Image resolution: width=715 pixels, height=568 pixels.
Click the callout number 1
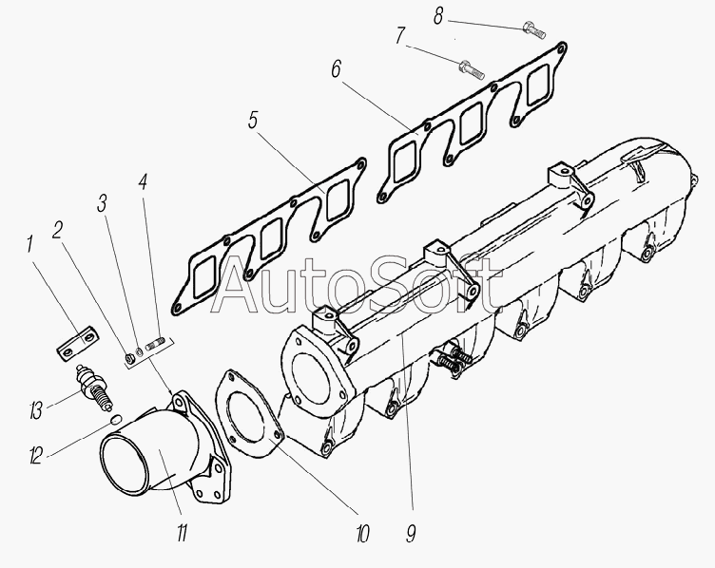click(x=29, y=244)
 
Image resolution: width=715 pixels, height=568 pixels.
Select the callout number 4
click(x=143, y=181)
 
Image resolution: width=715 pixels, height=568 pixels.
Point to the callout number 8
click(x=437, y=16)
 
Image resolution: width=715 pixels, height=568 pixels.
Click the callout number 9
click(x=411, y=533)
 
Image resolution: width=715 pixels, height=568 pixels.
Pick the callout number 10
click(x=362, y=534)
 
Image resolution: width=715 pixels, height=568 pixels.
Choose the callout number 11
click(x=182, y=533)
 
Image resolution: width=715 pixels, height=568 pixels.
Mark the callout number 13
click(x=36, y=410)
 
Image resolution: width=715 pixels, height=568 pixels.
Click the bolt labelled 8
click(x=534, y=29)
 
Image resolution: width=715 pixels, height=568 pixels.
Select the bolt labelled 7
click(x=471, y=69)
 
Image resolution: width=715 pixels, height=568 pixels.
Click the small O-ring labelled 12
click(x=116, y=419)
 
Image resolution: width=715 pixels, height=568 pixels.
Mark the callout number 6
click(x=336, y=69)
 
